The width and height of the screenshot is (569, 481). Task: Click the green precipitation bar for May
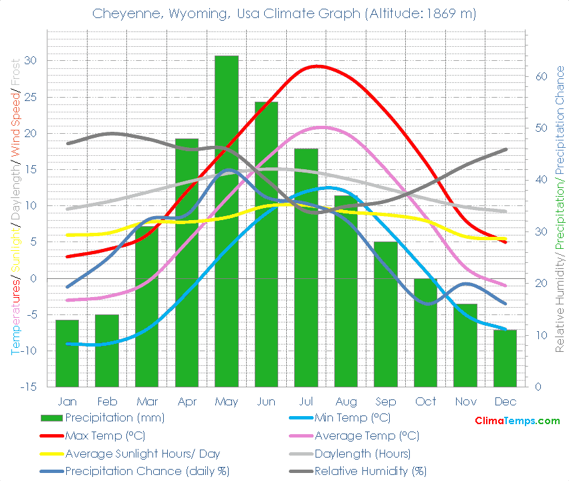[x=226, y=221]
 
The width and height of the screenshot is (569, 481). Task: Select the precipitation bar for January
[x=67, y=353]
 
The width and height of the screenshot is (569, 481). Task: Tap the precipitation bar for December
[x=505, y=358]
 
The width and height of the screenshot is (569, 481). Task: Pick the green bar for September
[x=386, y=314]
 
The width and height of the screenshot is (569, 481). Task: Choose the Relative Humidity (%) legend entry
[x=370, y=471]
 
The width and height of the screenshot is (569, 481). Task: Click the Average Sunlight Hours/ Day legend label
[x=142, y=454]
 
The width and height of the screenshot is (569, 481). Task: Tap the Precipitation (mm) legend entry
[x=114, y=418]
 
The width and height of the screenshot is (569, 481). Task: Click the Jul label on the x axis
[x=306, y=401]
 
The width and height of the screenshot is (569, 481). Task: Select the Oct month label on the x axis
[x=425, y=401]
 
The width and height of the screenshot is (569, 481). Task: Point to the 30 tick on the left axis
[x=30, y=61]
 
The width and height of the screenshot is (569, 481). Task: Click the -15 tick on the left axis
[x=28, y=387]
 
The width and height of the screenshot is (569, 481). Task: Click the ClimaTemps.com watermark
[x=517, y=421]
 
